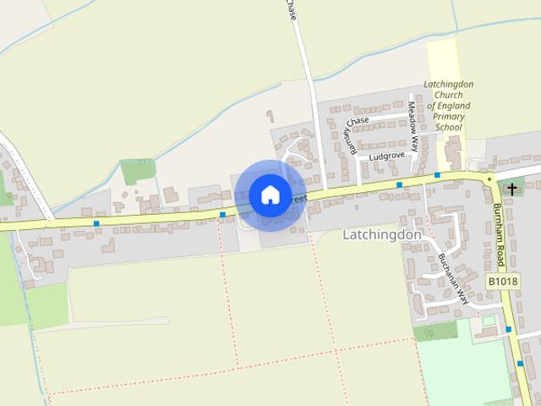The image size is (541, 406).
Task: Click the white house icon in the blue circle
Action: pos(270,195)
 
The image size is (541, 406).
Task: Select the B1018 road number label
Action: pos(501,281)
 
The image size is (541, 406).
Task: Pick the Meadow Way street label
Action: pos(413,127)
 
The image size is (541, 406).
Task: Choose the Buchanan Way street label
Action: pos(449,274)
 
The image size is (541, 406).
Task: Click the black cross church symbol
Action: pos(512,189)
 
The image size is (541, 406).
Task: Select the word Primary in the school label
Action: pos(449,117)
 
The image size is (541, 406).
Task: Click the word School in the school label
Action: pos(449,127)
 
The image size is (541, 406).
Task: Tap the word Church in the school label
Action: pos(449,96)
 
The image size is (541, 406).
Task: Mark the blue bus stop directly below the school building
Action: pos(438,174)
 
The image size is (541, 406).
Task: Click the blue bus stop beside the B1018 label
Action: pos(509,329)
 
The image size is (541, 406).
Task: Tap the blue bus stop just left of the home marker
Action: pos(222,214)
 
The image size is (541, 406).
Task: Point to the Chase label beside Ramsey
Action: pos(358,122)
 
